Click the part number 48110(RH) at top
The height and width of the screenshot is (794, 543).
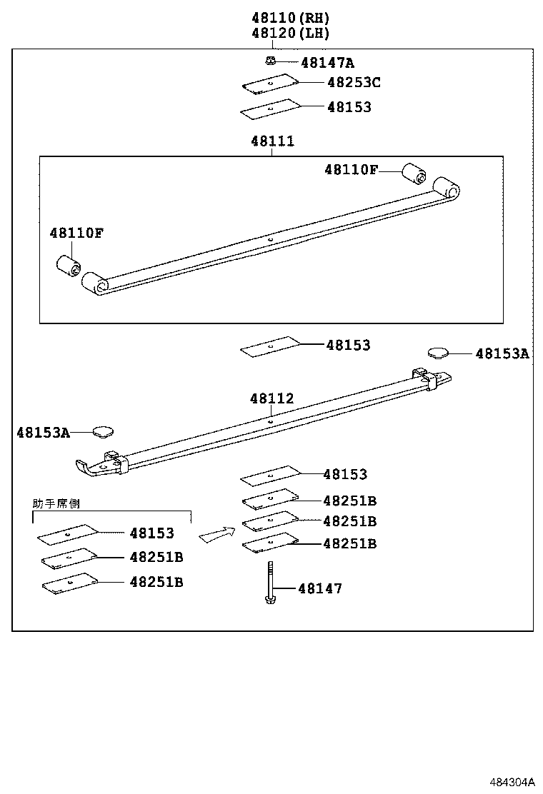(x=290, y=18)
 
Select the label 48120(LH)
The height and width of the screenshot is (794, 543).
(x=290, y=33)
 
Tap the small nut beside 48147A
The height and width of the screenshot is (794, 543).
(x=270, y=61)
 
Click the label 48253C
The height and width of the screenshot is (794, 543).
(x=354, y=82)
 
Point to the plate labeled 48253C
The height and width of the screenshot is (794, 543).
(x=269, y=84)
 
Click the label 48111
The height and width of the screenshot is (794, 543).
(x=272, y=141)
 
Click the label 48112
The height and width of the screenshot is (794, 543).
(x=271, y=398)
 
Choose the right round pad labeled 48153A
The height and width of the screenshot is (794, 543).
(x=438, y=352)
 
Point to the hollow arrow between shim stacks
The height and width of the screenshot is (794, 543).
(x=217, y=534)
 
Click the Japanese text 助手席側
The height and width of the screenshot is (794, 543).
(x=56, y=503)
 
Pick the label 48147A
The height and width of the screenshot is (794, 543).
(x=327, y=62)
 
